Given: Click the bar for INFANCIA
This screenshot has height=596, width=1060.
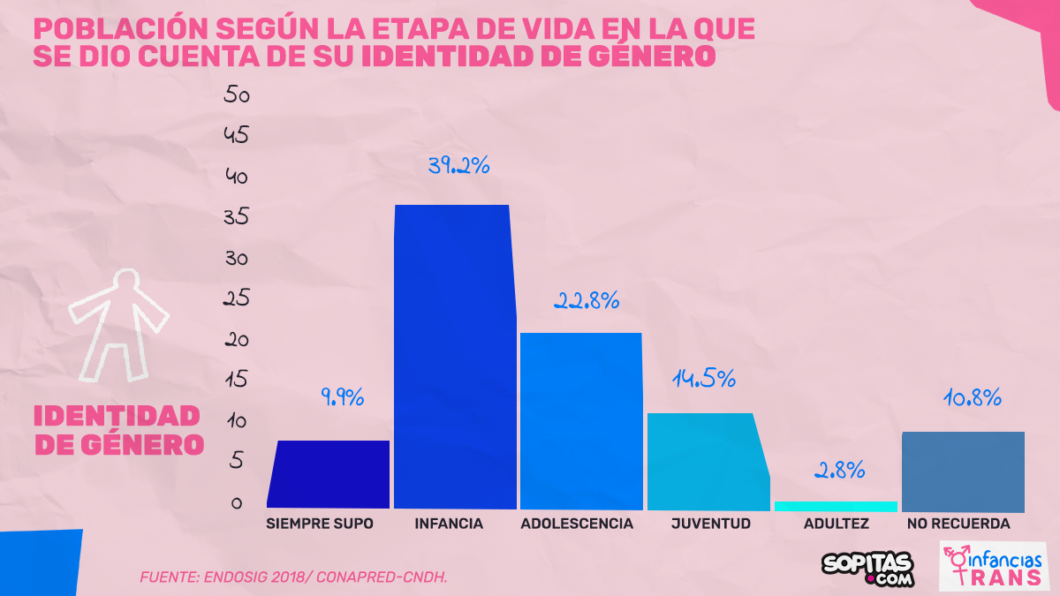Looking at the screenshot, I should pyautogui.click(x=452, y=357).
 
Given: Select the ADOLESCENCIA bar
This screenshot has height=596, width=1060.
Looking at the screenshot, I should pyautogui.click(x=580, y=420).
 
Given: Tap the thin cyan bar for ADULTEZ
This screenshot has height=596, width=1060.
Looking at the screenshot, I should pyautogui.click(x=836, y=506).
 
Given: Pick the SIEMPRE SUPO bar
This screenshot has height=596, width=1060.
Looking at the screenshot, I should pyautogui.click(x=329, y=474).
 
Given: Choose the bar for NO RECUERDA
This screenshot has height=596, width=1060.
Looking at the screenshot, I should pyautogui.click(x=963, y=472).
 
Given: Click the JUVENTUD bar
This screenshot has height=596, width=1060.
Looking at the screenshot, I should pyautogui.click(x=705, y=461).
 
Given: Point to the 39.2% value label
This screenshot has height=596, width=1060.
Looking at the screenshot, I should pyautogui.click(x=458, y=166).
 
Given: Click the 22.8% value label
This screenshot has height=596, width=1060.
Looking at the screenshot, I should pyautogui.click(x=587, y=300).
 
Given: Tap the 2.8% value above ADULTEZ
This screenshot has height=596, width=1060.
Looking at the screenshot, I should pyautogui.click(x=838, y=471).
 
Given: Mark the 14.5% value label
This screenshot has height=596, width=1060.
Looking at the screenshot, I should pyautogui.click(x=704, y=380).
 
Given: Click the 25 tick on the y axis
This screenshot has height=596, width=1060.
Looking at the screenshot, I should pyautogui.click(x=237, y=299).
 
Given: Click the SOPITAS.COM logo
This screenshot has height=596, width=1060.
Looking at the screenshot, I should pyautogui.click(x=867, y=568).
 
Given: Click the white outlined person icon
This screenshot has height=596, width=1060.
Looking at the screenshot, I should pyautogui.click(x=117, y=324).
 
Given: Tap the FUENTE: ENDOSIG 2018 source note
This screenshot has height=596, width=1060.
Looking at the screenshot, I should pyautogui.click(x=293, y=577).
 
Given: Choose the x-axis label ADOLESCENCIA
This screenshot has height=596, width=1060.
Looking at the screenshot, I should pyautogui.click(x=577, y=524).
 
